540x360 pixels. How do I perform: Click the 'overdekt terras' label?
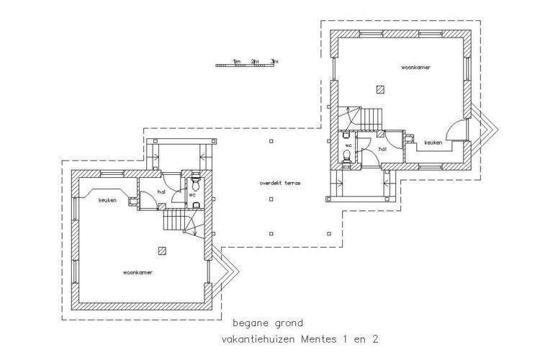coord(280,183)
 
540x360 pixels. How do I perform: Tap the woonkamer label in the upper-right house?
coord(415,68)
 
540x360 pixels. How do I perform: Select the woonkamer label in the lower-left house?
coord(138,272)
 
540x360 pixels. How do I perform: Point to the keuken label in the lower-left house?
coord(107,200)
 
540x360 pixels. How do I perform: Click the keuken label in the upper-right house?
coord(433,143)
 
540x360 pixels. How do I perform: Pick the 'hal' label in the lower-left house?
coord(161,192)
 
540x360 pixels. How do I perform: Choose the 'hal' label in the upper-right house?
coord(382,149)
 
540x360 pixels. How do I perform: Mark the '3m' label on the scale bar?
coord(274,62)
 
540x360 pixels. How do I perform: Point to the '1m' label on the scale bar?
coord(237,62)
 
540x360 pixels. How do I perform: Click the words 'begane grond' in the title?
coord(268,323)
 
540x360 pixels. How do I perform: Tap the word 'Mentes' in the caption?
coord(319,339)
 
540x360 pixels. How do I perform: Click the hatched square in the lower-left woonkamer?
coord(162,251)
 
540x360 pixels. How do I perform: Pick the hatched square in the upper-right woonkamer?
coord(380,90)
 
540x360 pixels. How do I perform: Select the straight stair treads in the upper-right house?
coord(372,120)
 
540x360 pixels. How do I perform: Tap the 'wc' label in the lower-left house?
coord(192,195)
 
